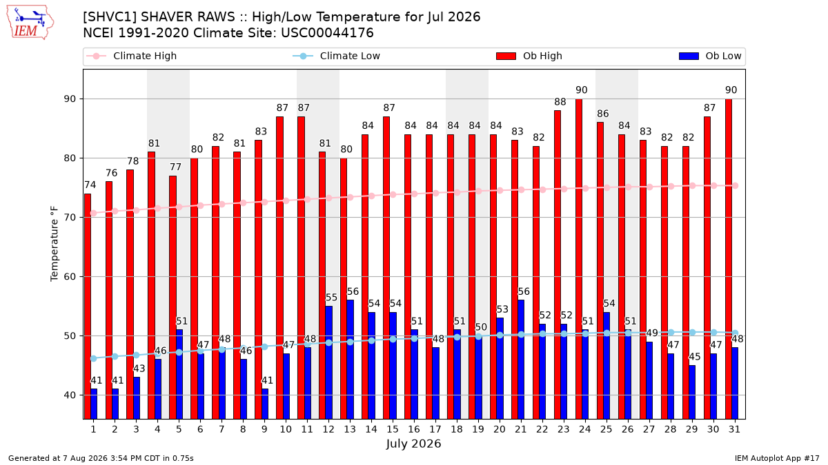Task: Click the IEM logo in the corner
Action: [30, 23]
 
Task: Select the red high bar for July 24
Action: [579, 259]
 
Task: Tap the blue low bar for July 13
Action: [350, 360]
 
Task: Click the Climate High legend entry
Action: [132, 56]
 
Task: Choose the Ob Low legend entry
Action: [710, 56]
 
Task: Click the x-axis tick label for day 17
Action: [435, 429]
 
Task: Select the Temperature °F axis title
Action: [55, 244]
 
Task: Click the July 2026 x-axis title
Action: [413, 444]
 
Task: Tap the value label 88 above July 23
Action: [560, 102]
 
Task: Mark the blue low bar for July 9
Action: [265, 404]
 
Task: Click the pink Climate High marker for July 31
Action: [736, 185]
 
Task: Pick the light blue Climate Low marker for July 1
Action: [94, 358]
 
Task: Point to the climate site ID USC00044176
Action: [327, 33]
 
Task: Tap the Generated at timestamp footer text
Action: [101, 458]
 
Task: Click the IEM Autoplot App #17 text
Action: [777, 458]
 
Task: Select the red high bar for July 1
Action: [88, 307]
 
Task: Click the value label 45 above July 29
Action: [695, 357]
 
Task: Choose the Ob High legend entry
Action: [529, 56]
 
